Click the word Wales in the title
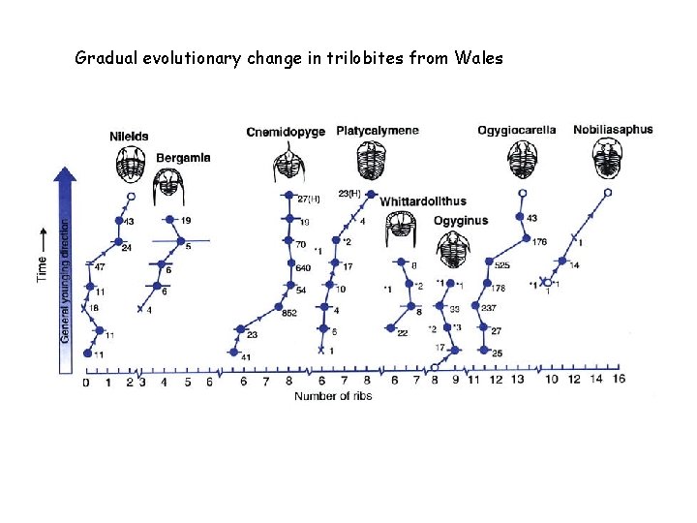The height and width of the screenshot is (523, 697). coord(478,58)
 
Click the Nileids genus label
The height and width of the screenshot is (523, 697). coord(129,137)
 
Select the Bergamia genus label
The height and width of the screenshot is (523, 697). coord(184,158)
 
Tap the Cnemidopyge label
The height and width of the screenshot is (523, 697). coord(286,132)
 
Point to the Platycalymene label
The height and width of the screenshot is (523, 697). coord(378,131)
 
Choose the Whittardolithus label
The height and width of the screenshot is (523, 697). coord(423,201)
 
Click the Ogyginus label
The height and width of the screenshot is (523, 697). coord(461,221)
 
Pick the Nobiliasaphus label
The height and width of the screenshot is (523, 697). coord(613,130)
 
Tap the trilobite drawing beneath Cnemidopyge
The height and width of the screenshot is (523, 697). coord(286,162)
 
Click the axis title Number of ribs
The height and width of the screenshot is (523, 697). coord(334,397)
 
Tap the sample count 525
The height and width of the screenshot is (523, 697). coord(502,264)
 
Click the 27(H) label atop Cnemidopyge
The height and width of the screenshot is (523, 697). coord(308,200)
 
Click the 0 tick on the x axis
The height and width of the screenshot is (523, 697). coord(86,383)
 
